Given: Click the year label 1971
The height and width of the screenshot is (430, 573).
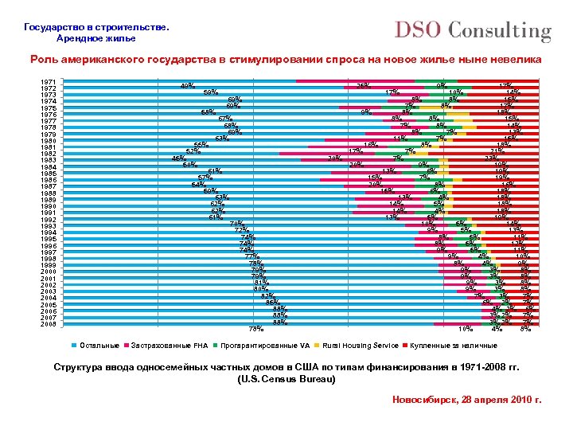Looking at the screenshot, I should coord(48,82).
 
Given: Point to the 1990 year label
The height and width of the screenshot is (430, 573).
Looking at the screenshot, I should coord(48,206).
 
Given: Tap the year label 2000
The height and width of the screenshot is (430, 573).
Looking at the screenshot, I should coord(48,271).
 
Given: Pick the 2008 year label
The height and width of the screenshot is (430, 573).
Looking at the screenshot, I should coord(48,324).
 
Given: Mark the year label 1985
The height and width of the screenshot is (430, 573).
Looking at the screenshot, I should coord(48,174).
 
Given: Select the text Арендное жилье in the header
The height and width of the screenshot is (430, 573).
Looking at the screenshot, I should coord(96,38).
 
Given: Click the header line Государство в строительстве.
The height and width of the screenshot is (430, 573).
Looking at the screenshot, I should coord(96,26).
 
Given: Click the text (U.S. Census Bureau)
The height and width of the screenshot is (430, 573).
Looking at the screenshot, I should coord(287,379).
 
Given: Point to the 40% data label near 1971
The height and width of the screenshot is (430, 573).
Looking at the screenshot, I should coord(189,85).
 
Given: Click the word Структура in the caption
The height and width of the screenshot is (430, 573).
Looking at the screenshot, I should coord(79,367).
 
